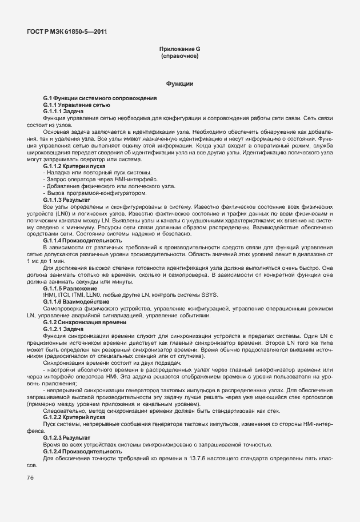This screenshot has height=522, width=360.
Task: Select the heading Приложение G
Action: click(179, 50)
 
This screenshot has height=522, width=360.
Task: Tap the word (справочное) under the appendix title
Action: click(179, 57)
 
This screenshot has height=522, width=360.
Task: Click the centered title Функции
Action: click(179, 84)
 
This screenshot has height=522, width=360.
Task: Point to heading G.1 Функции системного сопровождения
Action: click(99, 98)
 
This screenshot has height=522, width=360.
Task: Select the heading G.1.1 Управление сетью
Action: click(77, 105)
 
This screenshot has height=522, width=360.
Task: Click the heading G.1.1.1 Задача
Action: click(63, 111)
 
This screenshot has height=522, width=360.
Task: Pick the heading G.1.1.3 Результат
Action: click(67, 200)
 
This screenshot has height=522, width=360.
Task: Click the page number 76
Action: click(30, 477)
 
